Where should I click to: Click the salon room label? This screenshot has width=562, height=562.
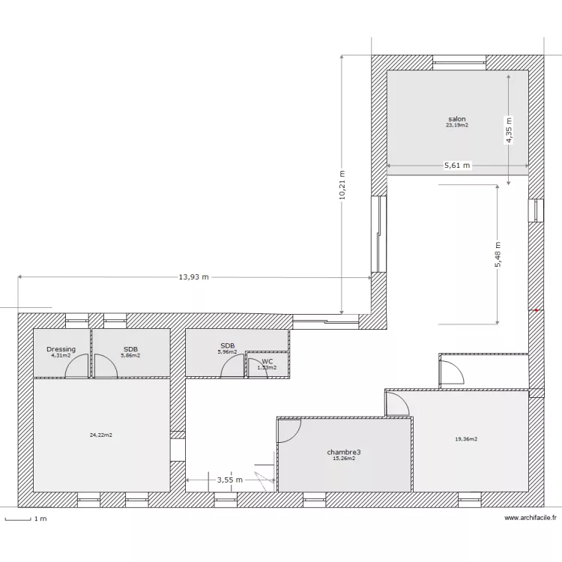(457, 119)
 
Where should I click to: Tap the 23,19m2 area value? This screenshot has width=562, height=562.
(457, 126)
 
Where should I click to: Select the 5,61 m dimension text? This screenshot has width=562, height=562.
(457, 166)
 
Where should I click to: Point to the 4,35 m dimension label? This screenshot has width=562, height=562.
(508, 130)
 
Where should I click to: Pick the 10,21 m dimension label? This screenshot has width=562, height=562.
(341, 184)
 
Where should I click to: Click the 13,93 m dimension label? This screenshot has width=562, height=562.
(193, 277)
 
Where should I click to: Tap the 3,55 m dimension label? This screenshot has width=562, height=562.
(229, 480)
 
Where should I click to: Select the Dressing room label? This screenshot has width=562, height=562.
(61, 349)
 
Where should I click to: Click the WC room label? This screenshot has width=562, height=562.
(268, 361)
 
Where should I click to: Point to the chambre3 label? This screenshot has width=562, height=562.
(344, 452)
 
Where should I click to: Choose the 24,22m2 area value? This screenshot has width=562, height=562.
(100, 435)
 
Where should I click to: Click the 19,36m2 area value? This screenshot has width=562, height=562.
(466, 439)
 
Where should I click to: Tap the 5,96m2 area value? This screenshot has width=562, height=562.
(227, 352)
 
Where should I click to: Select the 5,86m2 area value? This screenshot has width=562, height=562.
(130, 355)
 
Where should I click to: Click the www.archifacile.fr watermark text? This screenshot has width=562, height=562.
(531, 518)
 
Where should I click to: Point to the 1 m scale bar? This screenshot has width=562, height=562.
(18, 519)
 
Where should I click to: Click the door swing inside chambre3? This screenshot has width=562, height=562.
(288, 430)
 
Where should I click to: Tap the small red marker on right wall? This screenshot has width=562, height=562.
(537, 309)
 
